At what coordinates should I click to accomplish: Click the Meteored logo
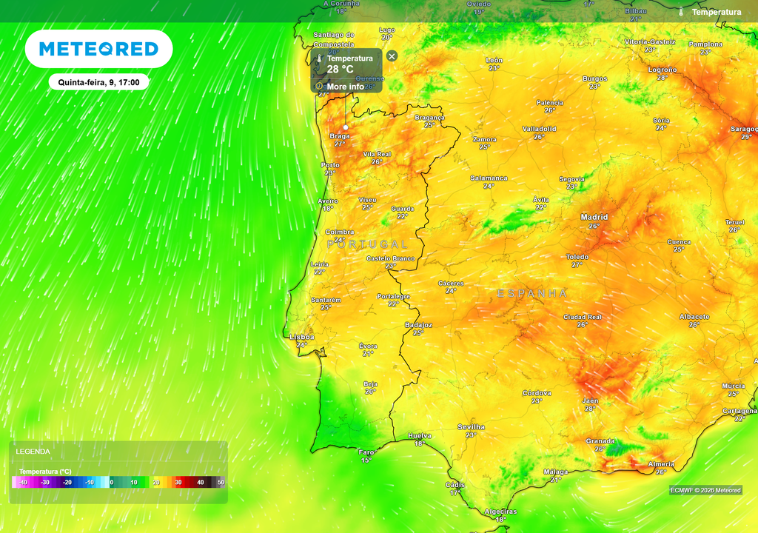coord(98,49)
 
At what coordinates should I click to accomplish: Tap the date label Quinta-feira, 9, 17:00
coord(98,82)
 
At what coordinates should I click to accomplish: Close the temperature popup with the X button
coord(392,56)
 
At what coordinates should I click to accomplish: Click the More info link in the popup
coord(345,87)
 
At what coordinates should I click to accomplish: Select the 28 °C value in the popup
coord(341,70)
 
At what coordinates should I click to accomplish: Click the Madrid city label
coord(594,217)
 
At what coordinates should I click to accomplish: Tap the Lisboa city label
coord(301,337)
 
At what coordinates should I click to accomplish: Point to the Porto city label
coord(330,165)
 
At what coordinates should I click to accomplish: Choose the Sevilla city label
coord(471,427)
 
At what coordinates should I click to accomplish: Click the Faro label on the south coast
coord(366,452)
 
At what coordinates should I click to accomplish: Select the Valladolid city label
coord(539,129)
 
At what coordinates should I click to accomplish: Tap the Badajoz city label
coord(418,325)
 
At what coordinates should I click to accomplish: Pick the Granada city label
coord(600,440)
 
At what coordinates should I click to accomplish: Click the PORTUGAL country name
coord(367,244)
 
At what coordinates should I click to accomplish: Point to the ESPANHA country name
coord(532,294)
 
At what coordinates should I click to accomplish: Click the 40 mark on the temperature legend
coord(200,483)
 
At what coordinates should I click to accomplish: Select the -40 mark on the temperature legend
coord(22,483)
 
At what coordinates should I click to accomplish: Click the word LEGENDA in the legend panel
coord(33,451)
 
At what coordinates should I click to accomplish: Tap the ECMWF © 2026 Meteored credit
coord(705,490)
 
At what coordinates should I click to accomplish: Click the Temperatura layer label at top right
coord(716,12)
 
